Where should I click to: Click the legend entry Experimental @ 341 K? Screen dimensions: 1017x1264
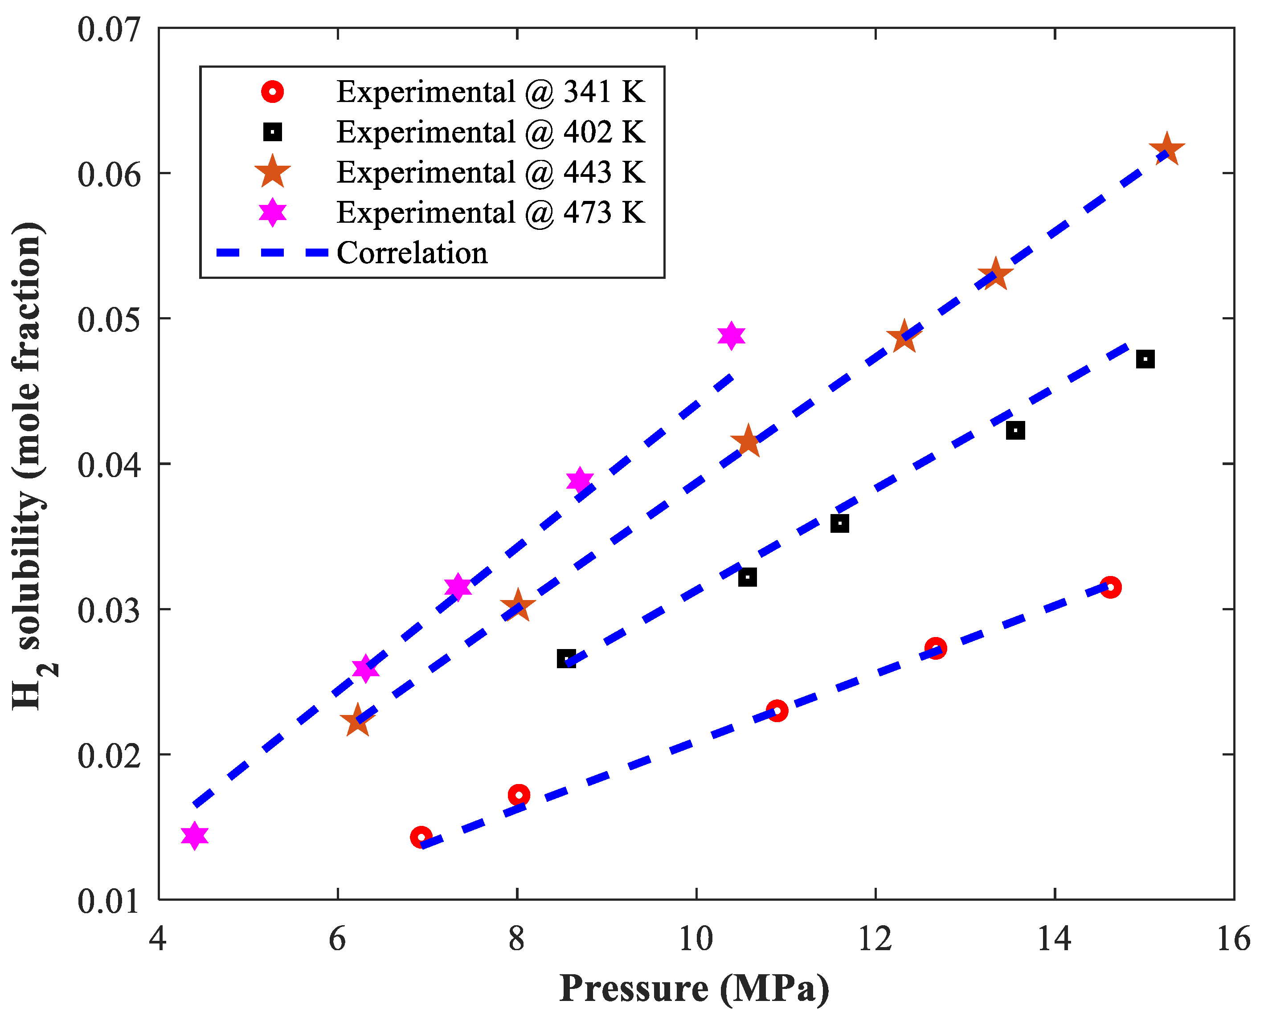click(x=490, y=92)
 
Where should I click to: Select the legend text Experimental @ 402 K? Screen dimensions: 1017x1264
click(x=490, y=132)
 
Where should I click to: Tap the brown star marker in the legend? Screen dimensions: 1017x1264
click(x=273, y=172)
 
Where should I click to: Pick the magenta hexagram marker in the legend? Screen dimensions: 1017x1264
click(x=273, y=212)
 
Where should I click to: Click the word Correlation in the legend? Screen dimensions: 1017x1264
click(x=412, y=253)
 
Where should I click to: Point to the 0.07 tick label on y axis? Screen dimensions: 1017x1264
click(x=109, y=29)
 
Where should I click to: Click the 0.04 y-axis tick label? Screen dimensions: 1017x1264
click(x=109, y=465)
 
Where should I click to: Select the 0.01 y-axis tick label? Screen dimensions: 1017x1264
click(x=109, y=901)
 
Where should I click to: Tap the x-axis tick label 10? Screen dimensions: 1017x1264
click(x=696, y=939)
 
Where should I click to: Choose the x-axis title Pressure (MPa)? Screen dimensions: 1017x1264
click(x=694, y=988)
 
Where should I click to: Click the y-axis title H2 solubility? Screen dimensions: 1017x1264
click(x=29, y=466)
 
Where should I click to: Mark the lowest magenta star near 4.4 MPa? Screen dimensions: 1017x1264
click(x=195, y=835)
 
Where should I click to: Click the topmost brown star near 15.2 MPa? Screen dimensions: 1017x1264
click(x=1166, y=150)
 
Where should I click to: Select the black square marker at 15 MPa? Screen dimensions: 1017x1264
click(x=1145, y=359)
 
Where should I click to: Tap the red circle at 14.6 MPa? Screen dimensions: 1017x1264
click(x=1110, y=587)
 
